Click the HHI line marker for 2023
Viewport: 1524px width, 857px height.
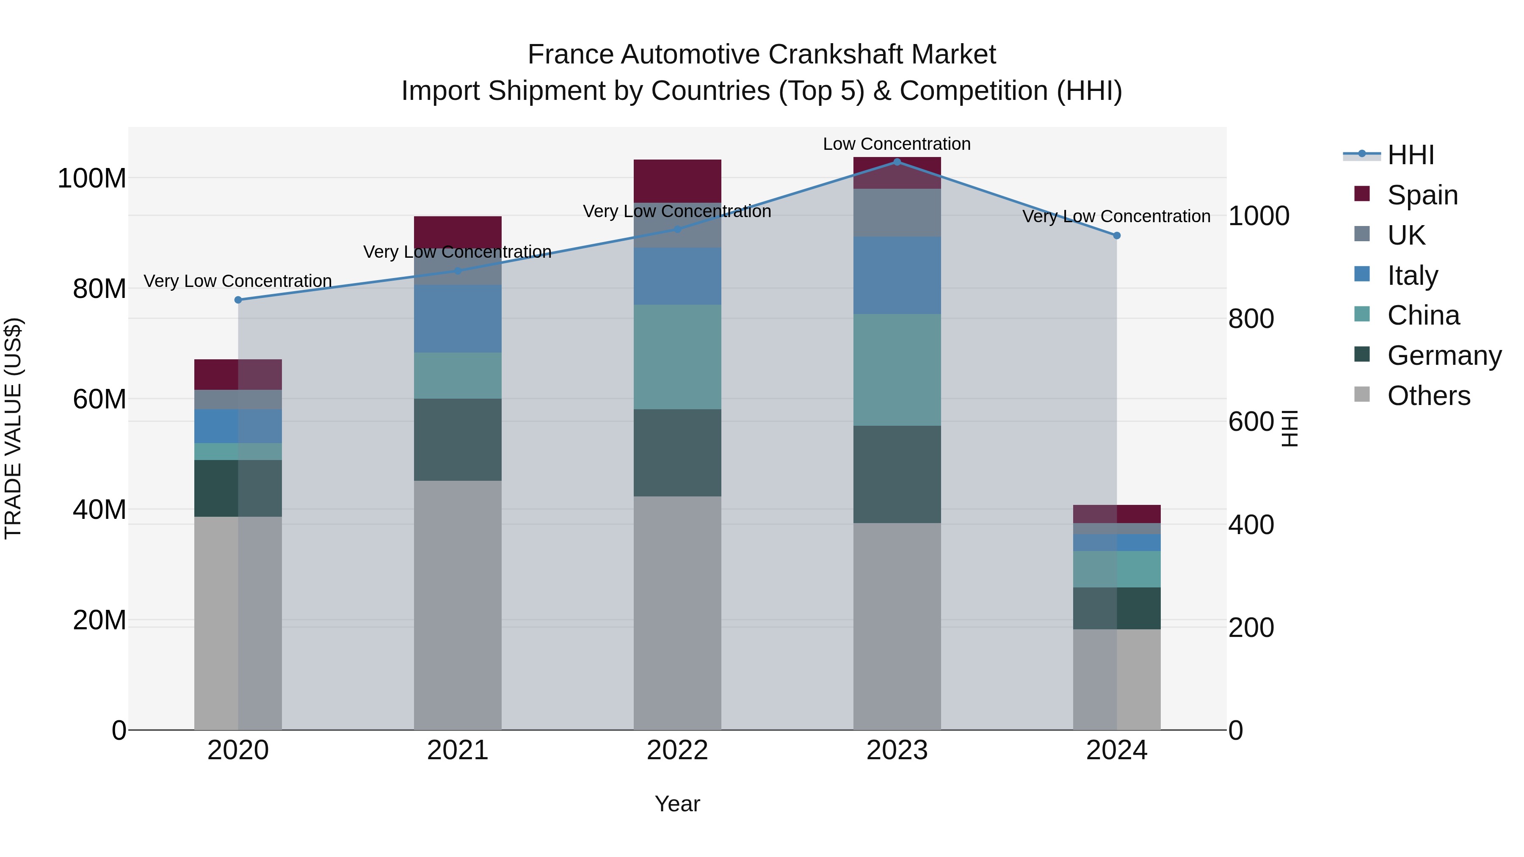pos(897,162)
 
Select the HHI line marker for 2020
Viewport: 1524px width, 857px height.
pos(238,300)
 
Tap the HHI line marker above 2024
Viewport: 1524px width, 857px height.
pos(1116,235)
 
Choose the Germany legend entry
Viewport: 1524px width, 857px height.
pos(1444,355)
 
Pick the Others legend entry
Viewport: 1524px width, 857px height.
pos(1428,396)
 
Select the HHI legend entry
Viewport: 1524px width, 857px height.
pos(1410,155)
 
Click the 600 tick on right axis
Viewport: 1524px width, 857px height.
pos(1251,422)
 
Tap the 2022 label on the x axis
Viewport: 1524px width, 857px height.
pos(677,750)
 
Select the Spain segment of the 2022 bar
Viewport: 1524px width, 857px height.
pos(677,181)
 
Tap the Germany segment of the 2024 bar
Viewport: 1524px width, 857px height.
pos(1116,608)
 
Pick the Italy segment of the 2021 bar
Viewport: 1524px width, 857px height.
pos(457,319)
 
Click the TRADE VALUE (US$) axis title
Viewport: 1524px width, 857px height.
pos(14,428)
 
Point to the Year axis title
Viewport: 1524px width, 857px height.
pos(677,804)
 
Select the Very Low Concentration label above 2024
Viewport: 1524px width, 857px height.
pos(1116,216)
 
